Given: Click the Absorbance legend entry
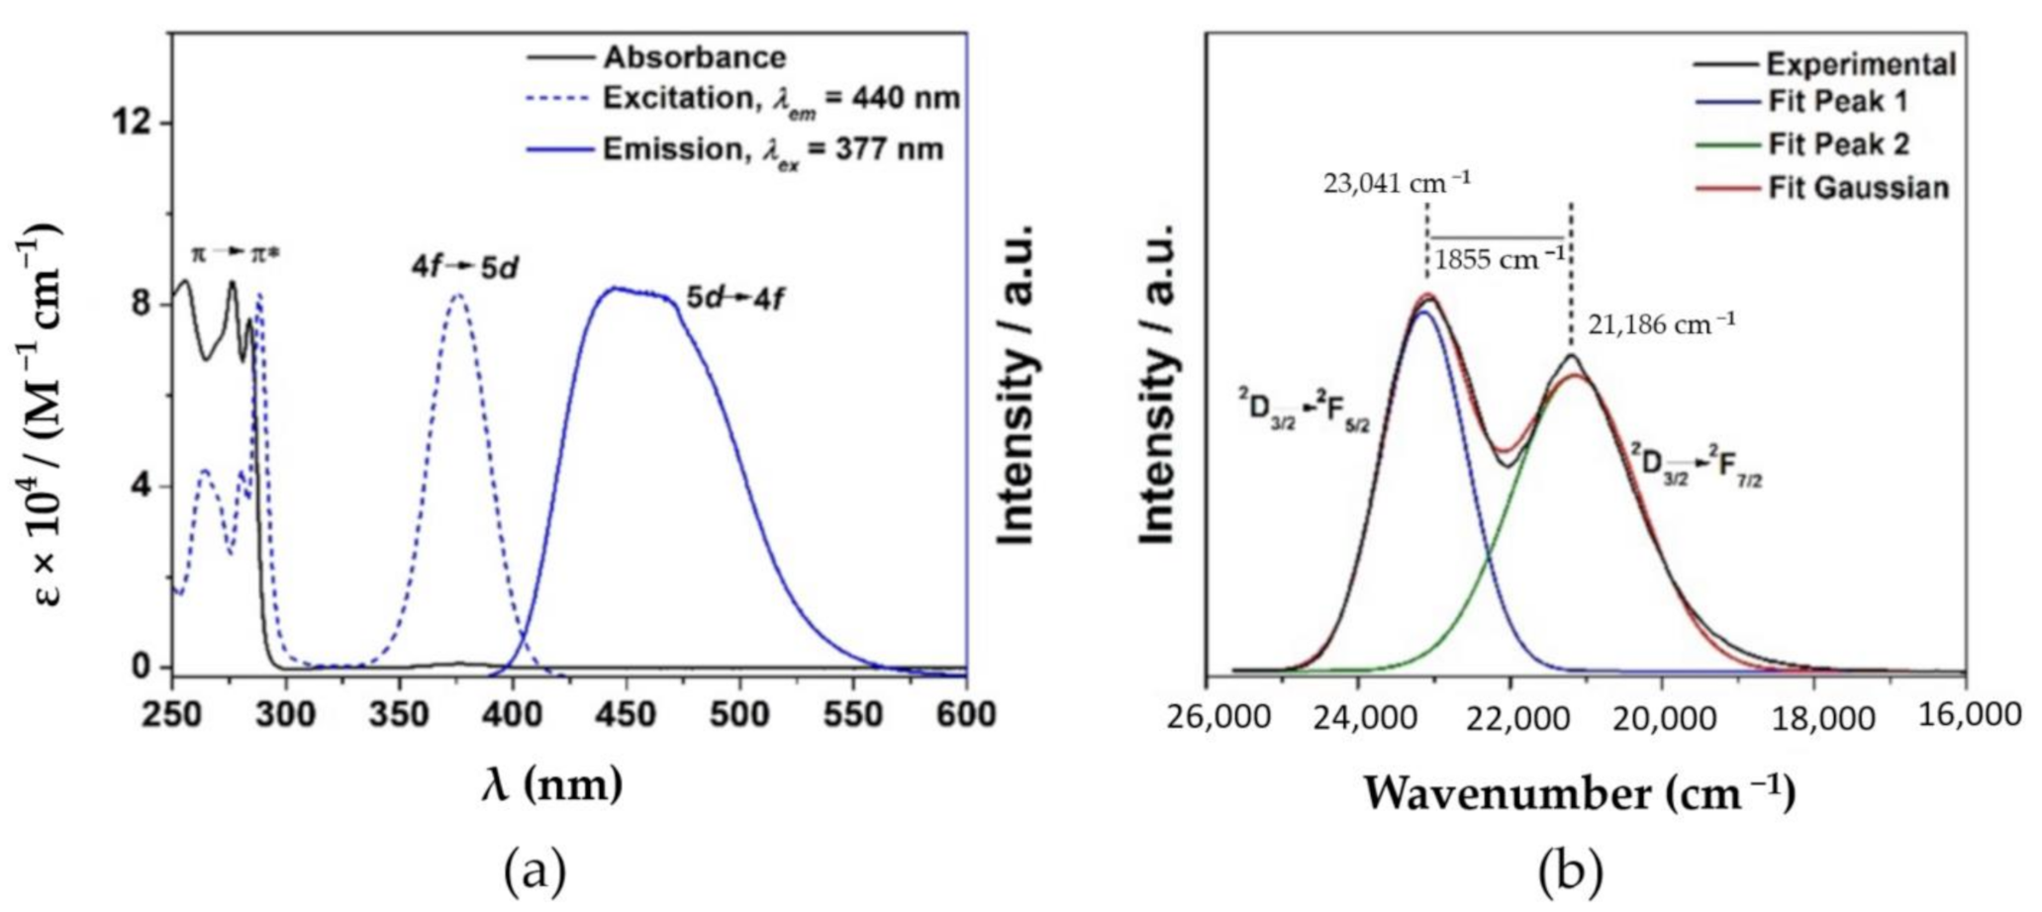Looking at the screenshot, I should tap(695, 57).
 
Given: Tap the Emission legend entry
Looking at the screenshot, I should tap(773, 149).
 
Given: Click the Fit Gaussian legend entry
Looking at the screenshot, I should tap(1858, 187).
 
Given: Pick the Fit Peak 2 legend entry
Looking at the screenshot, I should tap(1838, 144).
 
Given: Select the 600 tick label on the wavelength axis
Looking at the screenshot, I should tap(964, 714).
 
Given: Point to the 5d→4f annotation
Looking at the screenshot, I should tap(735, 298).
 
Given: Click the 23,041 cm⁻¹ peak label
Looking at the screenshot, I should tap(1397, 182).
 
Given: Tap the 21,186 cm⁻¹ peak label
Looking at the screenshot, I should tap(1662, 324).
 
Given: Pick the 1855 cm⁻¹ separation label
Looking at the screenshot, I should tap(1500, 260).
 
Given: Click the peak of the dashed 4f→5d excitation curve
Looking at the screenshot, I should tap(457, 294).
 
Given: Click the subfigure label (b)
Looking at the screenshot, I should tap(1570, 872).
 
